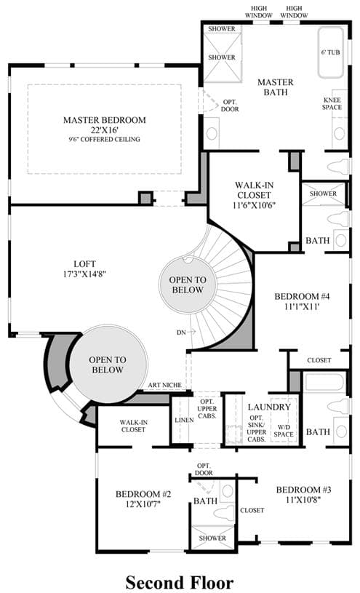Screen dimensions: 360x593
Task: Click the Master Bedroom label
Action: [x=105, y=120]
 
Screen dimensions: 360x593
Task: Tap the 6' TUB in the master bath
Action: [x=330, y=52]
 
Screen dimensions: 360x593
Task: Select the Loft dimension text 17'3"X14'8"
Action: [x=84, y=274]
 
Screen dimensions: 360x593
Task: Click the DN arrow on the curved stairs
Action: [x=192, y=332]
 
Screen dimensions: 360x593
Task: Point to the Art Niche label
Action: [x=164, y=385]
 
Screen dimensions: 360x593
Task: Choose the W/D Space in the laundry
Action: [x=284, y=430]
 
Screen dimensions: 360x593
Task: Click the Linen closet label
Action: [x=184, y=420]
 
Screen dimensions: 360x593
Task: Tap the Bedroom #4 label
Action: [x=302, y=296]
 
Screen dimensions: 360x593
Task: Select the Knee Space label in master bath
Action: [x=332, y=103]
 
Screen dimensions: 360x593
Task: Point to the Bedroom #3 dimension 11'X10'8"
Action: [x=303, y=499]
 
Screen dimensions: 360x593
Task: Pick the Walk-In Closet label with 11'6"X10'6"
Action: [x=254, y=195]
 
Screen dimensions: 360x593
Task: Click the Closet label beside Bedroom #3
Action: [x=252, y=510]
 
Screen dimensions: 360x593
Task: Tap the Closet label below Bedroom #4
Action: [x=319, y=360]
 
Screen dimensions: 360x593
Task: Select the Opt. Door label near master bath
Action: [x=231, y=106]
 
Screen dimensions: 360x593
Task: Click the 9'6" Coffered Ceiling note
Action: [x=105, y=139]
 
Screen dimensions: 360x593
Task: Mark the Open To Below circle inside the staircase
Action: [x=188, y=284]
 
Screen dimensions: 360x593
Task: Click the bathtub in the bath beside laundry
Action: [x=325, y=382]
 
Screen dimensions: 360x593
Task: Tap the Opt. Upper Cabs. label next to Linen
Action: [x=207, y=409]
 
